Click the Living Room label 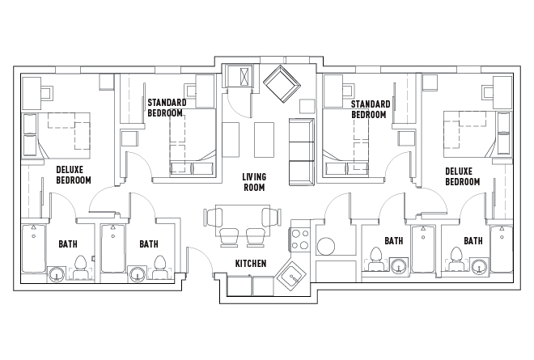255,182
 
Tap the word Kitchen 251,265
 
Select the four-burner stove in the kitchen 301,240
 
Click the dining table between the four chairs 240,217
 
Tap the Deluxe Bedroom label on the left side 73,176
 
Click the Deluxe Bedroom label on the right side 462,176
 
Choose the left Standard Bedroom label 167,108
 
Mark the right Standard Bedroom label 371,108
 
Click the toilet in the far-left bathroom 81,265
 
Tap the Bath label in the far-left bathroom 68,244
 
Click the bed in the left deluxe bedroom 57,133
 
